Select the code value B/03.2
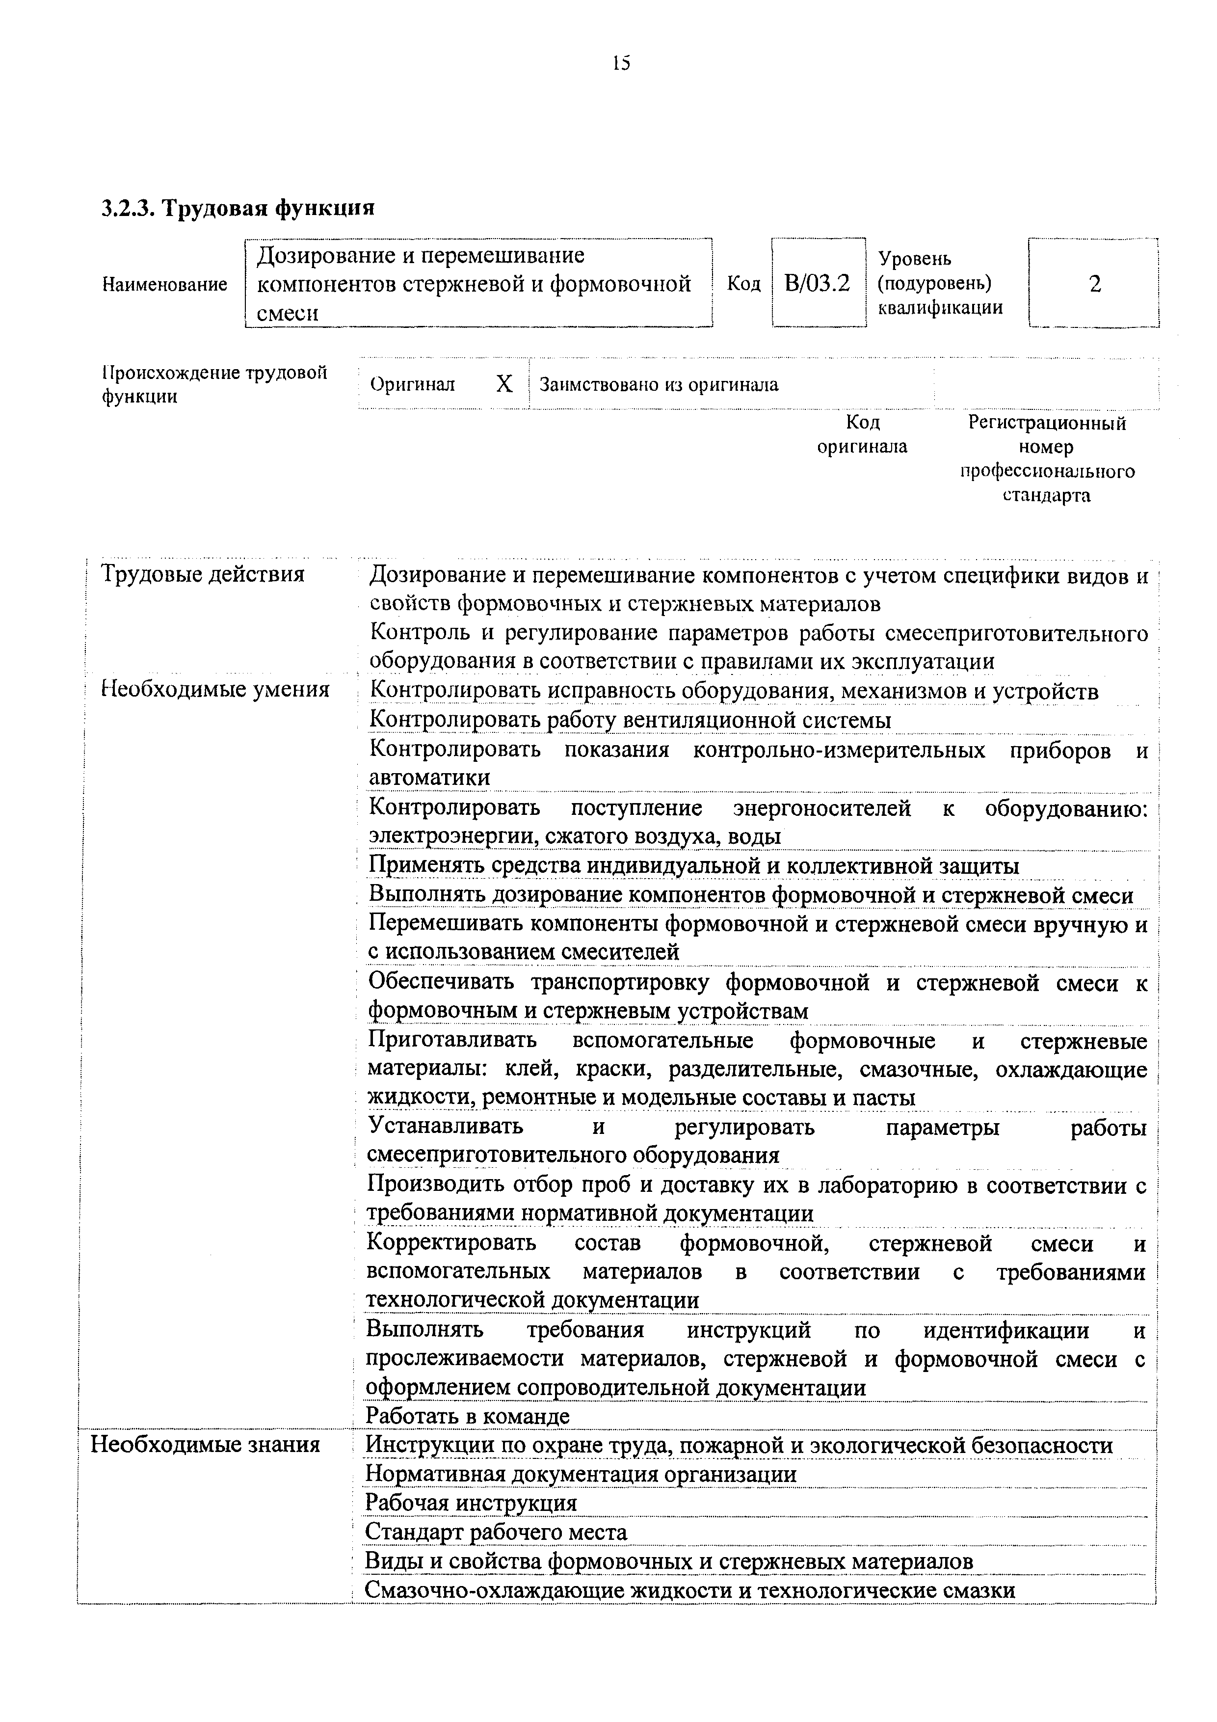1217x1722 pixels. pyautogui.click(x=818, y=284)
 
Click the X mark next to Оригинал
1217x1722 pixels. pyautogui.click(x=504, y=384)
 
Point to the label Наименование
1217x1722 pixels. pyautogui.click(x=165, y=284)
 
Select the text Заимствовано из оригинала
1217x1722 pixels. pyautogui.click(x=659, y=385)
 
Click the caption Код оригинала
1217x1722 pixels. pyautogui.click(x=862, y=435)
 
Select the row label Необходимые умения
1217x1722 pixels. pyautogui.click(x=215, y=689)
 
